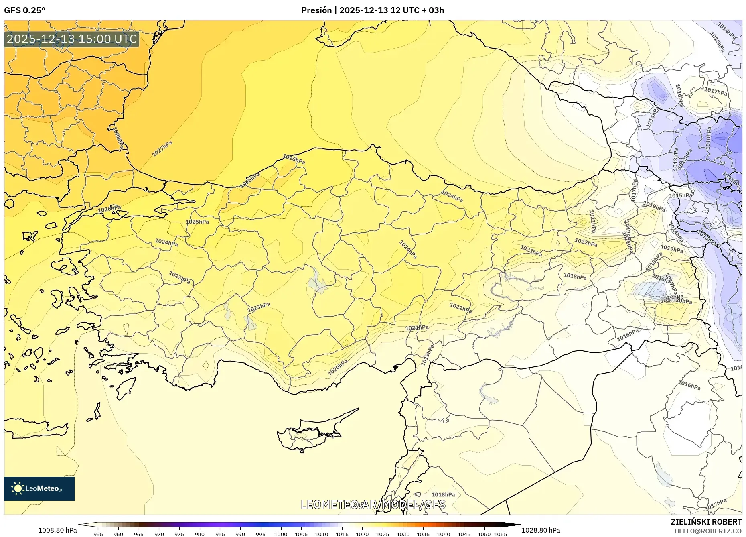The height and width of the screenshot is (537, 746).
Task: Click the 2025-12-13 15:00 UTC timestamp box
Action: coord(72,39)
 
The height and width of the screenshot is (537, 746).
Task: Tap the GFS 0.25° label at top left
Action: coord(24,10)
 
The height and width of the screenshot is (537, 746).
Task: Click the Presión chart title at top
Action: coord(373,10)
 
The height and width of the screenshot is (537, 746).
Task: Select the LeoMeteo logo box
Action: coord(39,488)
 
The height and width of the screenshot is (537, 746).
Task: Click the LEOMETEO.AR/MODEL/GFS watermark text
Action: coord(373,504)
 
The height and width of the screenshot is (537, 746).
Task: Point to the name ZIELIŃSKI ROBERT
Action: coord(706,522)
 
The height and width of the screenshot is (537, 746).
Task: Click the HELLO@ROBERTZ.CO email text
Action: coord(708,531)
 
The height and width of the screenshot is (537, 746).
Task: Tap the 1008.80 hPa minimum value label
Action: coord(57,530)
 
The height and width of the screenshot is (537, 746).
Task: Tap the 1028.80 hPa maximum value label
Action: coord(540,530)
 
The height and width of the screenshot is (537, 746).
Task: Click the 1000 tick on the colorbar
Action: coord(281,534)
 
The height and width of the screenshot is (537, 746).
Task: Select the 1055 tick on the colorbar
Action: coord(501,534)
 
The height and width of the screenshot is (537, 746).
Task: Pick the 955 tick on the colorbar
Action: coord(98,534)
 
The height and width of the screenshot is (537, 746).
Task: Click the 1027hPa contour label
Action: coord(162,149)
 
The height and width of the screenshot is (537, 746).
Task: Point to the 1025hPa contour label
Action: coord(197,222)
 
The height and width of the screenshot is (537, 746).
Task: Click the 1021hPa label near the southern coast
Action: coord(417,328)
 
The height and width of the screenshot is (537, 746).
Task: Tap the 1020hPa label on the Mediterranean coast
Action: coord(338,367)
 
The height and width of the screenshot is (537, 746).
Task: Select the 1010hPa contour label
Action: coord(708,138)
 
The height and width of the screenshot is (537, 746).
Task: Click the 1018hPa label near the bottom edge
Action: coord(443,494)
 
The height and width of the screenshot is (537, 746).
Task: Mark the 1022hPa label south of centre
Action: coord(460,308)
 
